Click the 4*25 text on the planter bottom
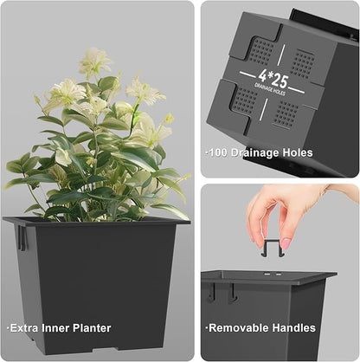(x=273, y=79)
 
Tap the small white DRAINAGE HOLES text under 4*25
(x=270, y=89)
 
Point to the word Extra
(x=24, y=328)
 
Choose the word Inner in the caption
(x=56, y=328)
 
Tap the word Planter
(x=92, y=328)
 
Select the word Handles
(x=294, y=328)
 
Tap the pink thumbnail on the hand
(x=286, y=243)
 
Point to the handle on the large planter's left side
(x=22, y=238)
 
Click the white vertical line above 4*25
(x=280, y=55)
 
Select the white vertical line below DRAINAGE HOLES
(x=262, y=109)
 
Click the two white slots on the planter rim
(x=272, y=273)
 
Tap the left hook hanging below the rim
(x=211, y=292)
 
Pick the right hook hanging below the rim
(x=232, y=293)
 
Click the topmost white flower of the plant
(x=95, y=61)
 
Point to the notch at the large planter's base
(x=105, y=350)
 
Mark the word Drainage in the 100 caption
(x=254, y=152)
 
